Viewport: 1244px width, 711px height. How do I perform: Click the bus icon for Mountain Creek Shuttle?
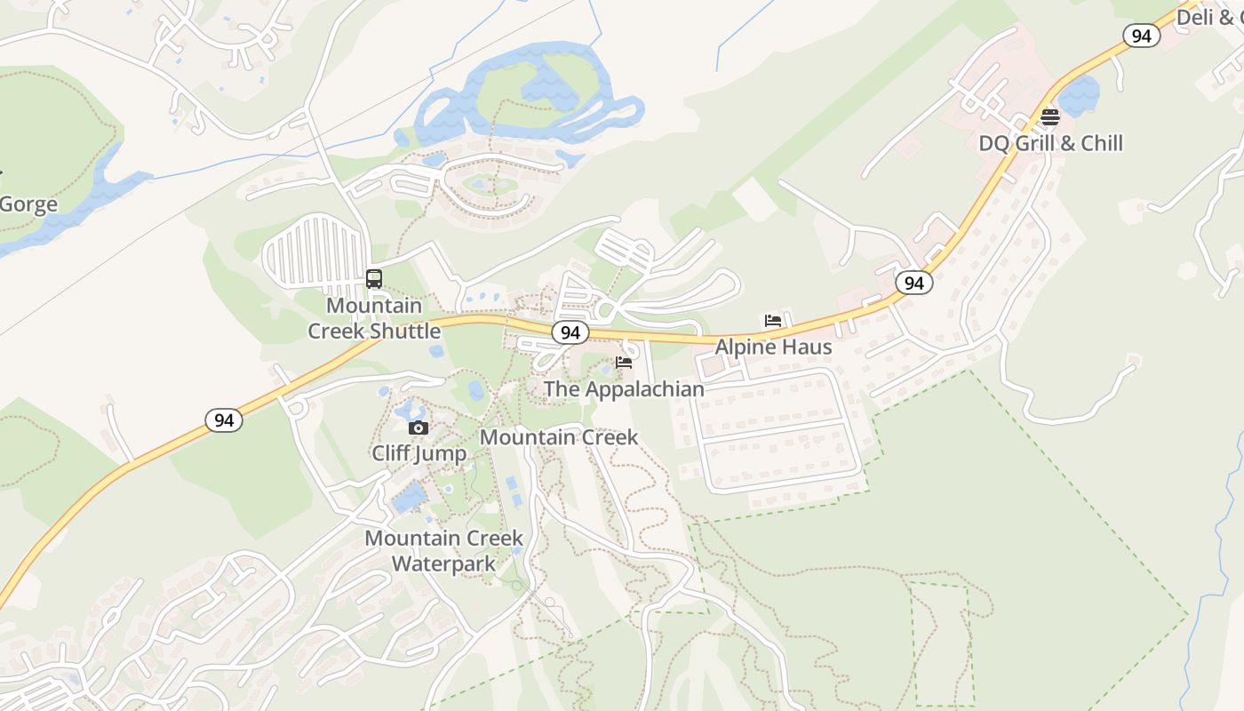point(374,279)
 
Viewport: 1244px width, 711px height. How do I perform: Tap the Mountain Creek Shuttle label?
point(373,318)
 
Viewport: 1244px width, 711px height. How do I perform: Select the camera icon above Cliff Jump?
point(419,428)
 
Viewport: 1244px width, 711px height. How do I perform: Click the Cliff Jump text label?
point(419,453)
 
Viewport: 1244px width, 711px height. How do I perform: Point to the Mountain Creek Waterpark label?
point(443,551)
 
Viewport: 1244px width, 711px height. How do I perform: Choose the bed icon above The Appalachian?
point(624,363)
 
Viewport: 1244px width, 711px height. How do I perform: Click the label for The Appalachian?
point(624,389)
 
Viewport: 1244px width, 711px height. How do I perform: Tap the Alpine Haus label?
point(773,347)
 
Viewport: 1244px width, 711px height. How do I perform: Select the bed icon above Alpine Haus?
point(773,321)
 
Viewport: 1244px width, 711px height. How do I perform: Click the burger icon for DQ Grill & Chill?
point(1050,117)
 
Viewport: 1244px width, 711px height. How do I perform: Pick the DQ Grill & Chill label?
point(1050,143)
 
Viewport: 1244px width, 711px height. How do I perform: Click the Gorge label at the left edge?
point(28,204)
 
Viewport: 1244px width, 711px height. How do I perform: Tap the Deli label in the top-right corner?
point(1208,16)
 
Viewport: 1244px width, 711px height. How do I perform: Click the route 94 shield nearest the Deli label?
point(1142,36)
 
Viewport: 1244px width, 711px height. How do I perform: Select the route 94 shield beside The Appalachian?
point(570,332)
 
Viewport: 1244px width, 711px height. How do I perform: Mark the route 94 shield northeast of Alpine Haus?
point(914,283)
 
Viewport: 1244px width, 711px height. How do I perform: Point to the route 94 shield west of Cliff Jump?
point(224,420)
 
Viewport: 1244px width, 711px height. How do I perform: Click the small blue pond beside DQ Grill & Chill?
point(1078,96)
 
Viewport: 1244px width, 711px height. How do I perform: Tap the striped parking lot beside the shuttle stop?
point(315,252)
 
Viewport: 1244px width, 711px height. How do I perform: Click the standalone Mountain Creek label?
point(558,437)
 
